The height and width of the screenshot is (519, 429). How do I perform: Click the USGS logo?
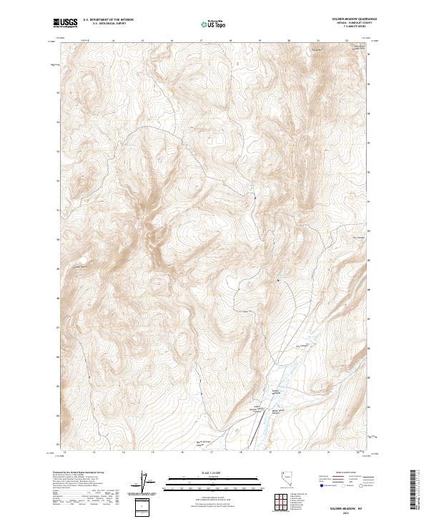[66, 24]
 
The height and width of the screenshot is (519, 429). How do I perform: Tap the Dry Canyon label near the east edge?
[359, 238]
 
